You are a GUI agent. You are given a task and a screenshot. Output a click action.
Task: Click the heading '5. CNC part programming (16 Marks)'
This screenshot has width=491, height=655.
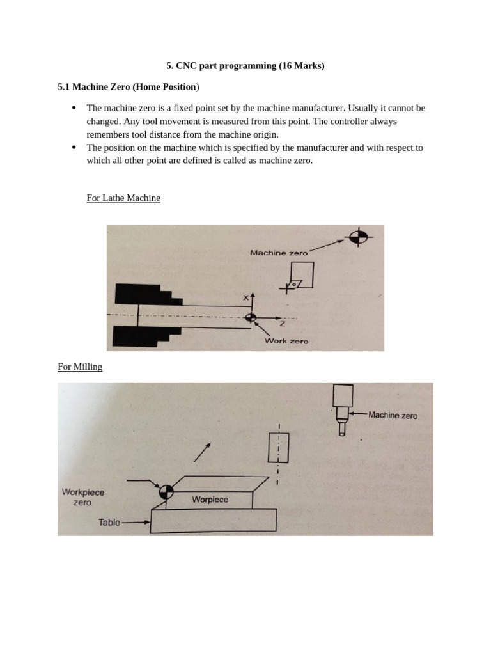245,66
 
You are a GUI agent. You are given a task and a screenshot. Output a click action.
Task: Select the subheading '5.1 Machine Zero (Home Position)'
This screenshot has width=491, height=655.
129,86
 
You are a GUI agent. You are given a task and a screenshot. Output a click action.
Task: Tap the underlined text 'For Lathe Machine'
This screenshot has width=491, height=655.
123,198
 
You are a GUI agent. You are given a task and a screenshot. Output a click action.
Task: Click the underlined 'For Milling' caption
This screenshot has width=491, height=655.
80,367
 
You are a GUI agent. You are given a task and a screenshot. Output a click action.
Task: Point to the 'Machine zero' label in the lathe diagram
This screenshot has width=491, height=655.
278,253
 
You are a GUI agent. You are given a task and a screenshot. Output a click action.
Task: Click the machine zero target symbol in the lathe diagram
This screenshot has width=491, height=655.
358,237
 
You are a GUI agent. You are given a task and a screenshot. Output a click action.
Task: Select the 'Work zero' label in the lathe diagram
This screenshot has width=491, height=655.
286,341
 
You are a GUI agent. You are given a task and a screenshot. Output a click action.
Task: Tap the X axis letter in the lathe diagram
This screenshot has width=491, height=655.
245,297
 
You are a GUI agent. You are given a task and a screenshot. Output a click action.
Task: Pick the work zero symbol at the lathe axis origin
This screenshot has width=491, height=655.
251,317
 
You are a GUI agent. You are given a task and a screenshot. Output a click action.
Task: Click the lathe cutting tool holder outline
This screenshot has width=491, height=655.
301,275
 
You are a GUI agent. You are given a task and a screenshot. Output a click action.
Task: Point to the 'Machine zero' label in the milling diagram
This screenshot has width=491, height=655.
393,415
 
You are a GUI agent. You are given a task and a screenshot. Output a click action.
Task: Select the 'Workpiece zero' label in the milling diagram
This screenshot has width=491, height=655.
82,497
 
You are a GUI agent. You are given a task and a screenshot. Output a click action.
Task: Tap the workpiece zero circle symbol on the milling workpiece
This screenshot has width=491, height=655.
166,491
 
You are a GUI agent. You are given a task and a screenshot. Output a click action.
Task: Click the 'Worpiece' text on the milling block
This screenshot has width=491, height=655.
210,500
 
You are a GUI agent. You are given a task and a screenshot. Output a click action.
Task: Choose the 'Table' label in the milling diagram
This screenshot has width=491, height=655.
109,522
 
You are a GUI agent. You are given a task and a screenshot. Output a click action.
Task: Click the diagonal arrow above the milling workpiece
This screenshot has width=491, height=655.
202,452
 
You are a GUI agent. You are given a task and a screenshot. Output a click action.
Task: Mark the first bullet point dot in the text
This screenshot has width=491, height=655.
74,108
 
